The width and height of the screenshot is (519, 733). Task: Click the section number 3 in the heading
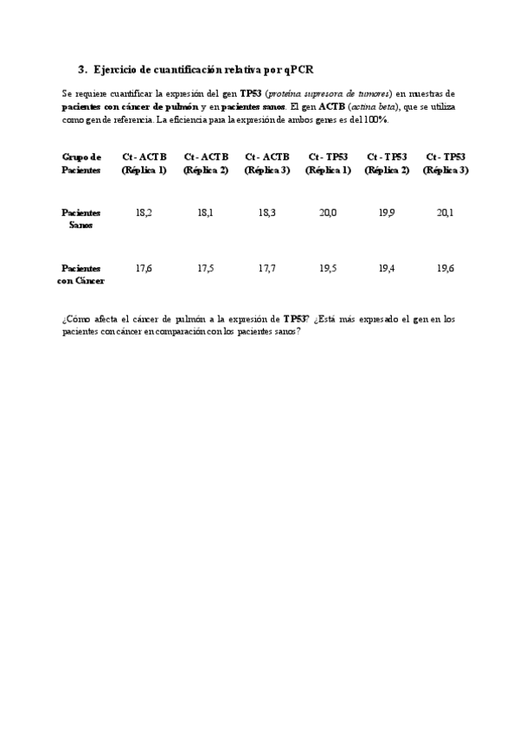coord(81,68)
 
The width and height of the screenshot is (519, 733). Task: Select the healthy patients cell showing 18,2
coord(144,213)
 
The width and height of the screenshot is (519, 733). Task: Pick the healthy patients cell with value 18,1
coord(206,213)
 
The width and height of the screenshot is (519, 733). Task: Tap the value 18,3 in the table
coord(266,213)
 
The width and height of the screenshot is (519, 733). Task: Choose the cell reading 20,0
coord(328,213)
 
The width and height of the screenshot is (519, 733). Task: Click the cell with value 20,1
coord(445,213)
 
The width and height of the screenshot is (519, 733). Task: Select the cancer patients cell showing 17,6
coord(144,269)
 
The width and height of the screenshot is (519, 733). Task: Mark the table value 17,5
coord(206,269)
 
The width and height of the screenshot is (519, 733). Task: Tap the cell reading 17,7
coord(266,269)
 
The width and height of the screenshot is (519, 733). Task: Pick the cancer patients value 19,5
coord(328,269)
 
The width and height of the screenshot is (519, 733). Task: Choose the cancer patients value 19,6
coord(445,269)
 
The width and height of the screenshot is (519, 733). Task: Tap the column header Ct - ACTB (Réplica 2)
coord(206,163)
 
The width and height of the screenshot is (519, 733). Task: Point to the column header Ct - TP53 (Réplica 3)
coord(445,163)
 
